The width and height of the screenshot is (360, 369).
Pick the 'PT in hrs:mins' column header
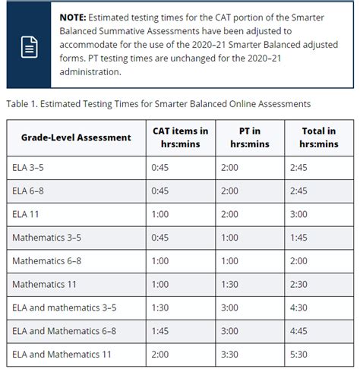[x=248, y=137]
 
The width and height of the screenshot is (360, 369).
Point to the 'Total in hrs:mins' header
[x=318, y=137]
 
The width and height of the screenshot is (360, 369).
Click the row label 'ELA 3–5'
[x=29, y=167]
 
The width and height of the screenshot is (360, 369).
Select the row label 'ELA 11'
[x=26, y=214]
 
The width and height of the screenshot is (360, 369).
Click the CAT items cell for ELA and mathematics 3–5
[x=161, y=307]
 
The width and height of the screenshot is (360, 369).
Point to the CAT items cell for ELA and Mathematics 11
[x=161, y=355]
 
